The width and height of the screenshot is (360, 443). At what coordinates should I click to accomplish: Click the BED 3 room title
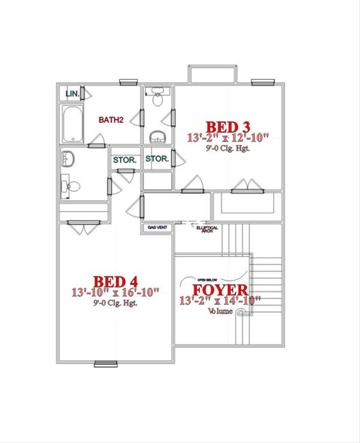tap(228, 127)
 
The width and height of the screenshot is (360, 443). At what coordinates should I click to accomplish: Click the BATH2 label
tap(111, 120)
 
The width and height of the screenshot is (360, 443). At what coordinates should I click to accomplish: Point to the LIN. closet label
tap(72, 94)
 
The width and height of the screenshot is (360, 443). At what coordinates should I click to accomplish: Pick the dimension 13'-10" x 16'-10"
tap(116, 293)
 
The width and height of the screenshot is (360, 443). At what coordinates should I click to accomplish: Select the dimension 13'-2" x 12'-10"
tap(228, 138)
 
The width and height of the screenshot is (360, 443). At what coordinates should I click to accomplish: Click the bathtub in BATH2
tap(72, 124)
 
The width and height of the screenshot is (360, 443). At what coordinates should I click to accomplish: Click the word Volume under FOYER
tap(220, 312)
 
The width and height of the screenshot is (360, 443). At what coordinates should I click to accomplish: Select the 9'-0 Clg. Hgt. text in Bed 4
tap(116, 303)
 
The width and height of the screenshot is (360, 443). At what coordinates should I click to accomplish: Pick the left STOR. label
tap(124, 160)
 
